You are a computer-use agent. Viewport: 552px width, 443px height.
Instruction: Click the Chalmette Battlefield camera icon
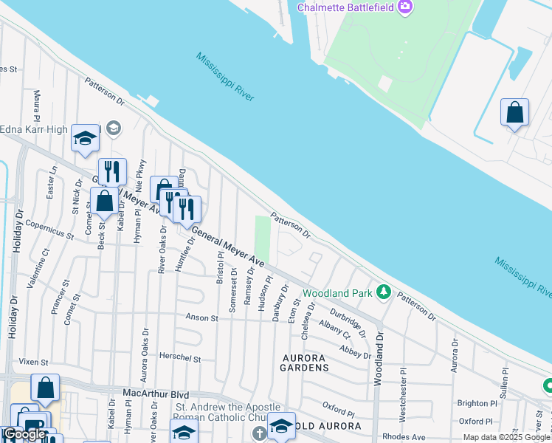[x=404, y=7]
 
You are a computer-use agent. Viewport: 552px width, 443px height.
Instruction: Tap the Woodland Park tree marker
[x=383, y=292]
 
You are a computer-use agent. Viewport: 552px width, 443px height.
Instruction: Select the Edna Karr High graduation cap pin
[x=86, y=138]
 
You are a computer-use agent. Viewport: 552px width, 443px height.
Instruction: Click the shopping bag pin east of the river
[x=514, y=113]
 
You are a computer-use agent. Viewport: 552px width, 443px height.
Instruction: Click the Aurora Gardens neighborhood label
[x=304, y=362]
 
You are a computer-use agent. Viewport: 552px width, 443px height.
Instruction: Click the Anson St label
[x=203, y=318]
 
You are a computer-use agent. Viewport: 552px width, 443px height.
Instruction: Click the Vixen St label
[x=33, y=363]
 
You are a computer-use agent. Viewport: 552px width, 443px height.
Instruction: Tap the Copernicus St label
[x=49, y=230]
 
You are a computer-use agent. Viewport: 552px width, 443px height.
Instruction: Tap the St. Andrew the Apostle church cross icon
[x=259, y=432]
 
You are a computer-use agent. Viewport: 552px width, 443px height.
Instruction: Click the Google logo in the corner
[x=24, y=434]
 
